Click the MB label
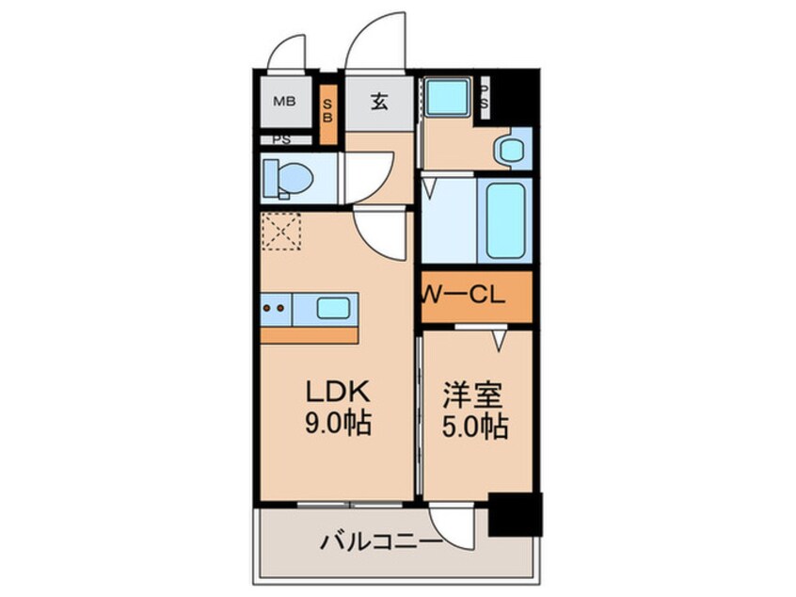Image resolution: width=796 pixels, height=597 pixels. (281, 101)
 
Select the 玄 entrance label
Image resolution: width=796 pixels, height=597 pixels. (378, 102)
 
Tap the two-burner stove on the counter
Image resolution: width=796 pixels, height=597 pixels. (275, 307)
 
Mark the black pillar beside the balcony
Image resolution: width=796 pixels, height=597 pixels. (515, 514)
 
